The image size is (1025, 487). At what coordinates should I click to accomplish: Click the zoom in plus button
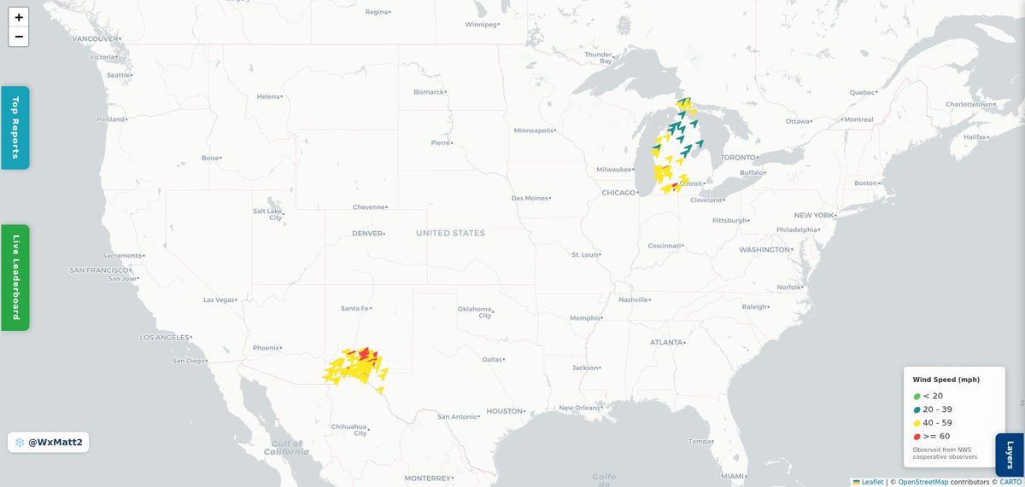(19, 17)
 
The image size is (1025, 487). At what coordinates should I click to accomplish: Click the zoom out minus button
(19, 37)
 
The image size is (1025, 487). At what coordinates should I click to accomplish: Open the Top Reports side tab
(15, 127)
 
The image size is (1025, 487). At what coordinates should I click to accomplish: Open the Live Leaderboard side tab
(15, 277)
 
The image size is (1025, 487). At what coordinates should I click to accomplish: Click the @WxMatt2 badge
(49, 443)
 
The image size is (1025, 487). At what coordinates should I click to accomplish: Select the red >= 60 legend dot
(917, 437)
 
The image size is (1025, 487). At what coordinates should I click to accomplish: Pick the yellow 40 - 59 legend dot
(917, 423)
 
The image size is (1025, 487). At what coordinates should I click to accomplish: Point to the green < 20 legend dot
(917, 396)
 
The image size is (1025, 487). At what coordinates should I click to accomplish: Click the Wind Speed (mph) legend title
(946, 380)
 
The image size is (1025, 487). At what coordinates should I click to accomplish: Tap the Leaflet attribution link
(872, 482)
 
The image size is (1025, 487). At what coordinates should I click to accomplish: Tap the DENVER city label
(367, 233)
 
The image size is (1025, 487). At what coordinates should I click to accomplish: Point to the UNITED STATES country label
(450, 233)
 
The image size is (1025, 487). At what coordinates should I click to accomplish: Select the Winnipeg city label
(480, 25)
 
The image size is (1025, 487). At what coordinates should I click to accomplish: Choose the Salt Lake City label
(268, 214)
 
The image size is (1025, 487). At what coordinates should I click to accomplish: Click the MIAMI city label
(731, 475)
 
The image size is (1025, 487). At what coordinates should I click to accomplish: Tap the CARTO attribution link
(1009, 482)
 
